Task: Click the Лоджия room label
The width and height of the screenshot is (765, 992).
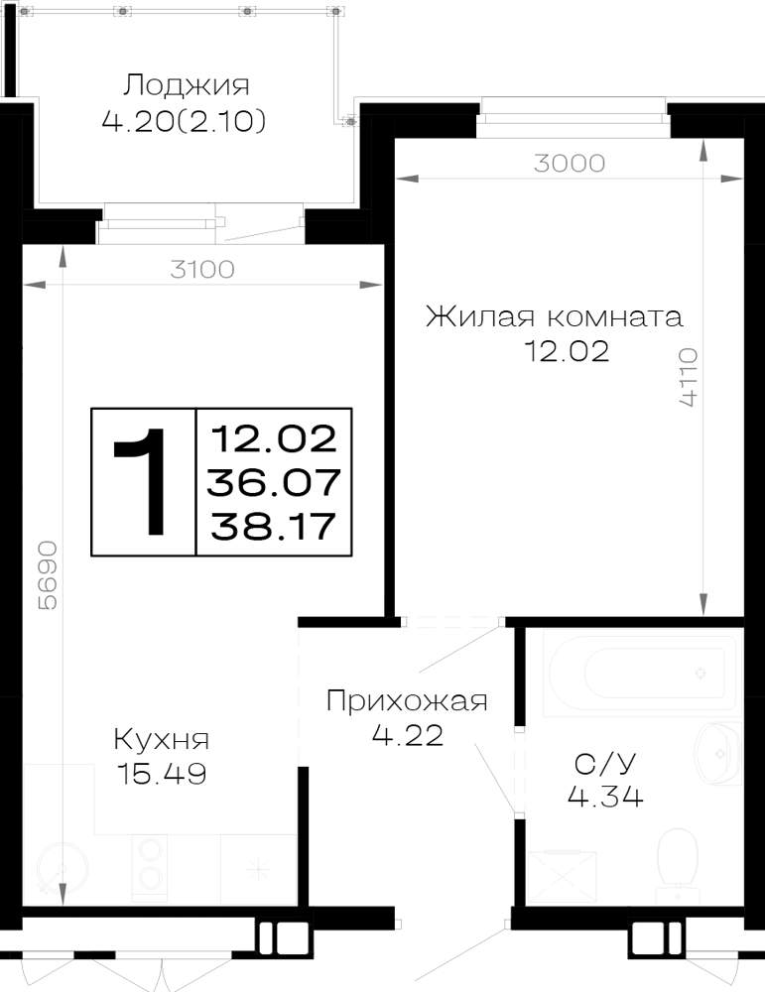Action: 186,84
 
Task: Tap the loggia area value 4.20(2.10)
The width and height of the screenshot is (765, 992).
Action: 184,121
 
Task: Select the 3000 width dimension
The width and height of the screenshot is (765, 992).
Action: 570,164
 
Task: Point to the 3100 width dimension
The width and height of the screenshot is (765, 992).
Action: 202,270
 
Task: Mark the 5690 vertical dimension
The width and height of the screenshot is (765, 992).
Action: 48,575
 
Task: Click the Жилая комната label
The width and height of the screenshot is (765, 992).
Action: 555,316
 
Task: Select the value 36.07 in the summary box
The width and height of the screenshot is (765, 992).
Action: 274,483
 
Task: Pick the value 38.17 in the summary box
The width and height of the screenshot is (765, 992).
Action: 273,527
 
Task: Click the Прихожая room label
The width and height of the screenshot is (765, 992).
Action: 407,701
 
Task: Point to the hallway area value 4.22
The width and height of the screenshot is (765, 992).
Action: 408,735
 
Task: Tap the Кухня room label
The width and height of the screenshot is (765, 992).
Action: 162,739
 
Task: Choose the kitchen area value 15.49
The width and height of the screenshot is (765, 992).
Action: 163,773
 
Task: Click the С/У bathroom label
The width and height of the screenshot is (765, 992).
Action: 604,764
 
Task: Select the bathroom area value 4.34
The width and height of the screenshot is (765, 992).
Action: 605,796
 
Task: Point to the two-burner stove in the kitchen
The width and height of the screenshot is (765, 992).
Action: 150,868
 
